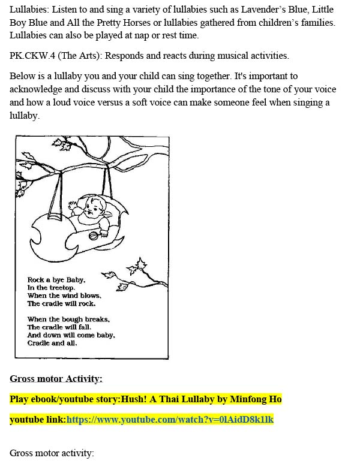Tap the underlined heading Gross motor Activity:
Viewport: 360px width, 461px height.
[56, 378]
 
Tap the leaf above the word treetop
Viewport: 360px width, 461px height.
[109, 276]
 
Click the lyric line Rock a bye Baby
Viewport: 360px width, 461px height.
[56, 280]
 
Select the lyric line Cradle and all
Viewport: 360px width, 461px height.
[52, 344]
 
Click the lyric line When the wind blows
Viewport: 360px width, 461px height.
[64, 296]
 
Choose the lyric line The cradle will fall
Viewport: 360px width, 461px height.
[59, 327]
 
